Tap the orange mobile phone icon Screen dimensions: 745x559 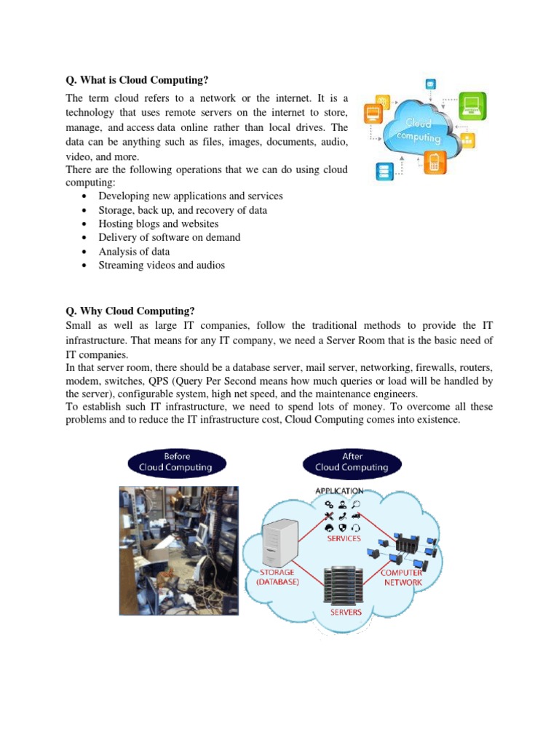point(435,162)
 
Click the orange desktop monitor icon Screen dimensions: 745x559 point(373,113)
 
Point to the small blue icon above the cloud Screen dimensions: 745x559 point(431,83)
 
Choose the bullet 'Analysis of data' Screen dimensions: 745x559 point(134,251)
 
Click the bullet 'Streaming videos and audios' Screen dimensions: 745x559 point(162,265)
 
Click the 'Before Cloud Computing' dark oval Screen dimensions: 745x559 point(177,462)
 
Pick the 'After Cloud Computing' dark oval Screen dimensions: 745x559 point(352,462)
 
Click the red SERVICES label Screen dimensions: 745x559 point(344,538)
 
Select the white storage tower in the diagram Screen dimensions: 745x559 point(281,542)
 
